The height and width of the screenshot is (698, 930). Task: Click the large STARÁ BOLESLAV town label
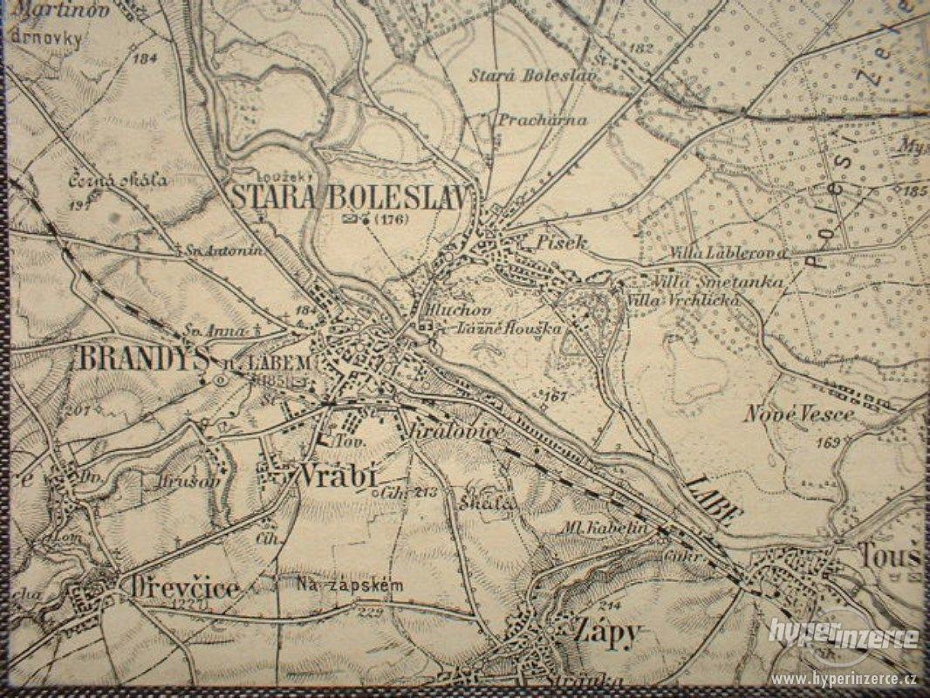coord(354,196)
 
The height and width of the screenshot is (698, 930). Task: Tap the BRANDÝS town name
coord(143,359)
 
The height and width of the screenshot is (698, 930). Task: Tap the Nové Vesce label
coord(799,414)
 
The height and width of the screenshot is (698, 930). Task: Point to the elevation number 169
coord(829,443)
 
